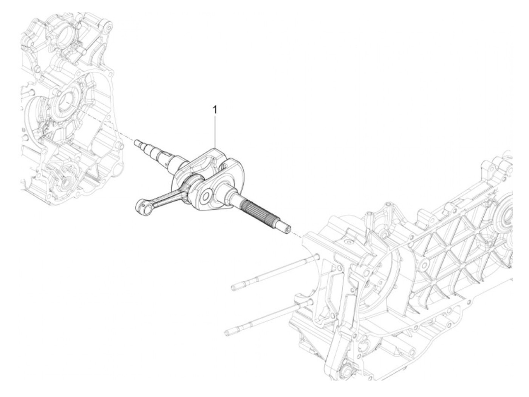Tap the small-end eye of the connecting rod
coord(139,206)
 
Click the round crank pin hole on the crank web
coord(206,196)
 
